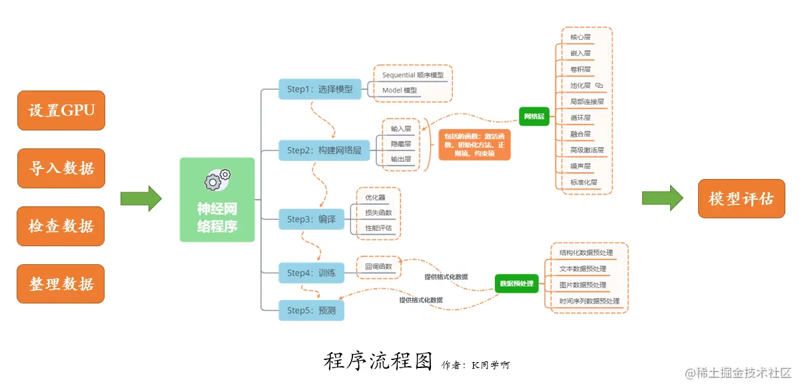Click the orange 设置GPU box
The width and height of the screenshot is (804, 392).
click(61, 110)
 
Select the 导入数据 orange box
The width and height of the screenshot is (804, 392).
click(61, 168)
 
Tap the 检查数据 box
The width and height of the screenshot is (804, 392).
click(61, 226)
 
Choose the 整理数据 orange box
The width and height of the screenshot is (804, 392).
click(61, 284)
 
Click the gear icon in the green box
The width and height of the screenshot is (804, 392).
click(217, 178)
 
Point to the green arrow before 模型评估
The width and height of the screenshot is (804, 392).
click(662, 198)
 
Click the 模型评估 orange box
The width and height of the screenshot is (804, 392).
click(741, 198)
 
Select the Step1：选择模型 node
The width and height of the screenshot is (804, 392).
click(320, 89)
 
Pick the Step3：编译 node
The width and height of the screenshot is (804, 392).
click(311, 219)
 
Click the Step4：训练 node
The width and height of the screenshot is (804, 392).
click(311, 273)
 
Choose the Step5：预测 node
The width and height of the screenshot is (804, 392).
click(311, 310)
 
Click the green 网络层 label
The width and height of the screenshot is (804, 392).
click(534, 116)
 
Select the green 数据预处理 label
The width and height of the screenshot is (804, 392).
click(516, 284)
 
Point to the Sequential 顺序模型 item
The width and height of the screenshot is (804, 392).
click(412, 75)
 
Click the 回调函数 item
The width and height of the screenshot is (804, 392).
click(378, 267)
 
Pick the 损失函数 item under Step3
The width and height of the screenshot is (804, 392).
click(378, 213)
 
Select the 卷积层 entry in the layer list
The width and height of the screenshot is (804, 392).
click(580, 69)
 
